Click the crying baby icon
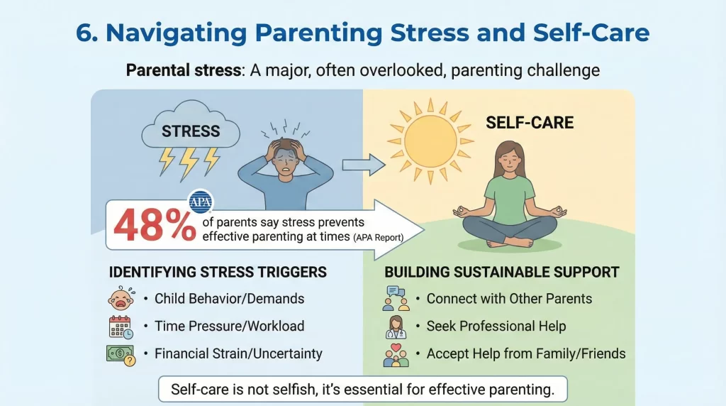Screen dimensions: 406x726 [120, 299]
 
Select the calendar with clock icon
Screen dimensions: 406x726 [121, 326]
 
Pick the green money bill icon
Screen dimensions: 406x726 [120, 353]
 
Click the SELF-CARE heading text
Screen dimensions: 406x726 [530, 124]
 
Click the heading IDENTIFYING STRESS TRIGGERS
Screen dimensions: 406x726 [218, 272]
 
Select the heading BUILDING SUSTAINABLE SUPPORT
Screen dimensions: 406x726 [501, 272]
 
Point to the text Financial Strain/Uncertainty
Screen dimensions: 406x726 [238, 353]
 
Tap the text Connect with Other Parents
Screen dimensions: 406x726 [509, 299]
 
